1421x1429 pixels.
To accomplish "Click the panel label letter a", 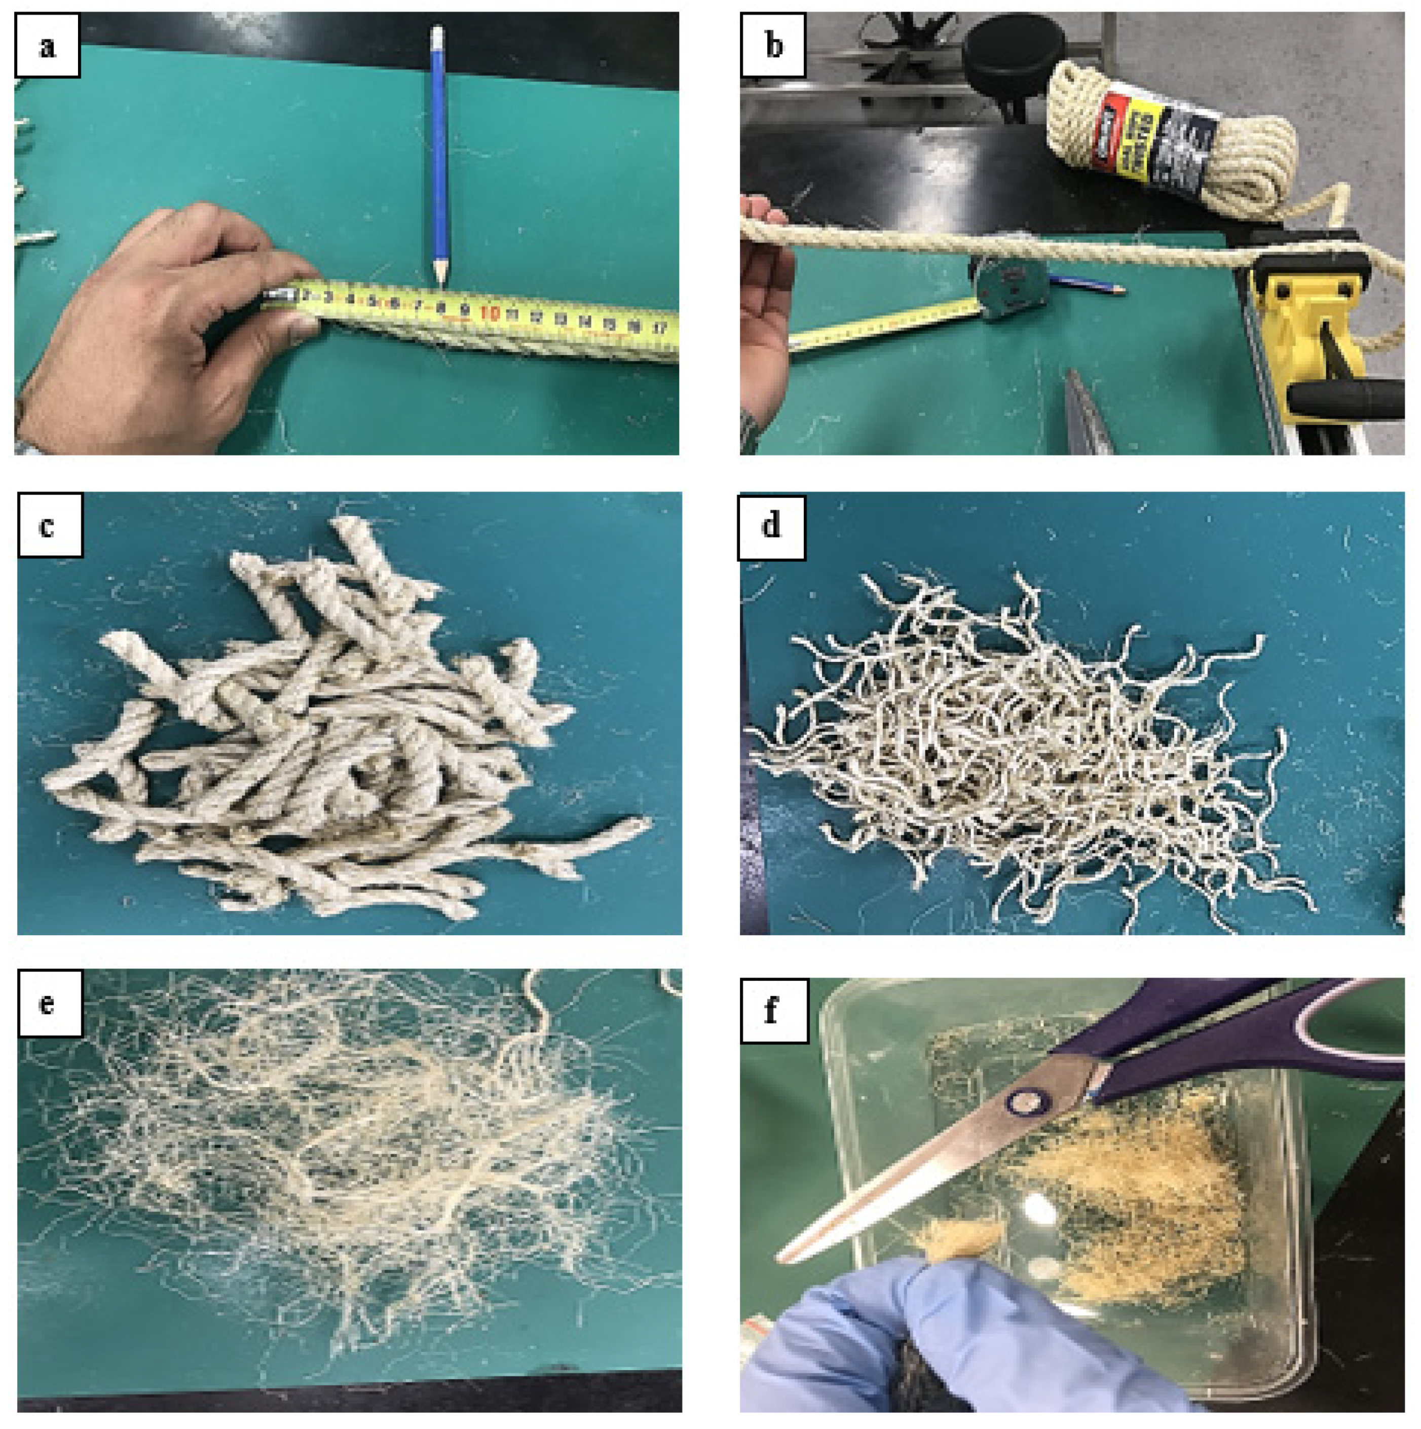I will point(47,46).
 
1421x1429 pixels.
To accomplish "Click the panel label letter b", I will point(773,46).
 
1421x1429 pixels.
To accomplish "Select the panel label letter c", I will point(47,527).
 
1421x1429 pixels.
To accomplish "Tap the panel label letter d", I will point(771,525).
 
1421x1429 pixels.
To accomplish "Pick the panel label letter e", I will point(47,1005).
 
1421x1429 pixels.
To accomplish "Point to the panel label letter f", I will point(771,1010).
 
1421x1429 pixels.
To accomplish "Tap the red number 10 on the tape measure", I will point(489,313).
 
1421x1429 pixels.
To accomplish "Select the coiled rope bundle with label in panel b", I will point(1168,137).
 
